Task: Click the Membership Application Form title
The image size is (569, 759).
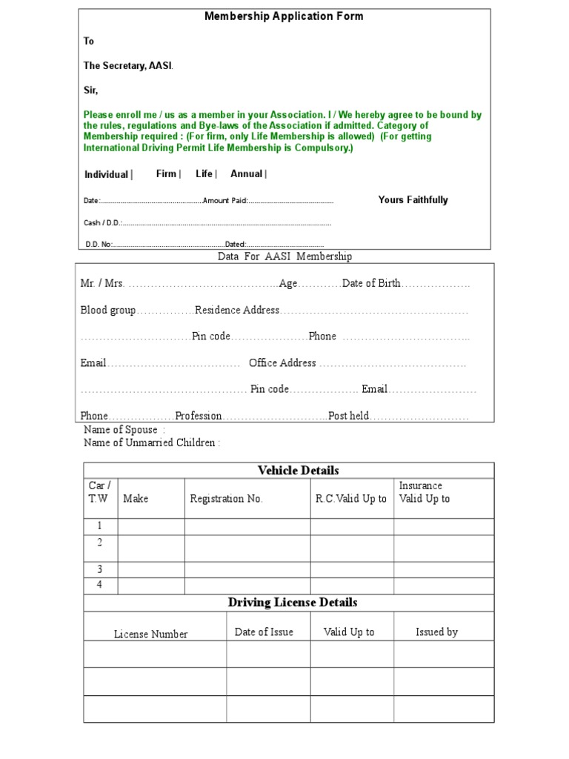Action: tap(284, 16)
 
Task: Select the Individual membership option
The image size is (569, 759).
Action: tap(107, 174)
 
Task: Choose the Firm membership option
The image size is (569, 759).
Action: tap(167, 173)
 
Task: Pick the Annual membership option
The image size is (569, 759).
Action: tap(247, 173)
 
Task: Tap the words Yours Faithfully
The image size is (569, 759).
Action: tap(413, 200)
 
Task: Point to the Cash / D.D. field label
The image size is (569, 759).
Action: tap(102, 222)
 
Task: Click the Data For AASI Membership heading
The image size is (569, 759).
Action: tap(284, 256)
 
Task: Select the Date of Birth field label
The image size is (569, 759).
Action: tap(371, 283)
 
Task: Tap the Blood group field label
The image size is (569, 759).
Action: tap(108, 310)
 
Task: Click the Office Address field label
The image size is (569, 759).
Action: tap(282, 363)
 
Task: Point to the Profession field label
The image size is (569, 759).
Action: tap(199, 416)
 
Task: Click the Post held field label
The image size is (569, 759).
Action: tap(348, 416)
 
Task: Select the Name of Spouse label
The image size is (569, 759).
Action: tap(121, 430)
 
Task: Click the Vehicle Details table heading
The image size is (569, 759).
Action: tap(298, 471)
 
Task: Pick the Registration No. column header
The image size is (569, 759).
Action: tap(226, 499)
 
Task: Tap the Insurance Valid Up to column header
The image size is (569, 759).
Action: tap(425, 492)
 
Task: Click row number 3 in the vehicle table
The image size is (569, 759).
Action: tap(99, 569)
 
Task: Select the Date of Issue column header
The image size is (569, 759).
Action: tap(264, 632)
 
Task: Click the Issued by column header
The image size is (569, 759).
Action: tap(436, 632)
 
